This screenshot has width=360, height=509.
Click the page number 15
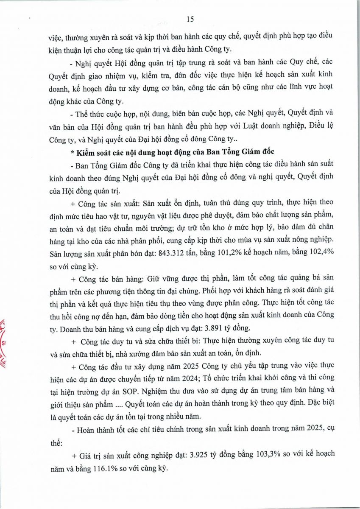click(x=190, y=19)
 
